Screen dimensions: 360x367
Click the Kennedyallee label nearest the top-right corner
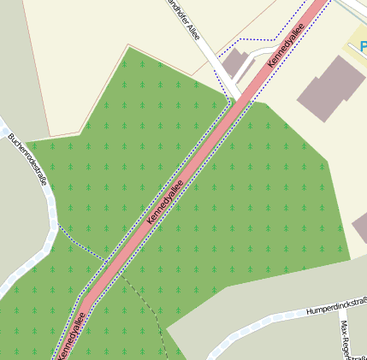(286, 45)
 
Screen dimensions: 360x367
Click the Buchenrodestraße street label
(27, 162)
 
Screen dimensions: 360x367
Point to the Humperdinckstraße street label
(336, 306)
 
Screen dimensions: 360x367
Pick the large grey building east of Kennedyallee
(331, 89)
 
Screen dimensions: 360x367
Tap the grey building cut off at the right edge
(360, 226)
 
